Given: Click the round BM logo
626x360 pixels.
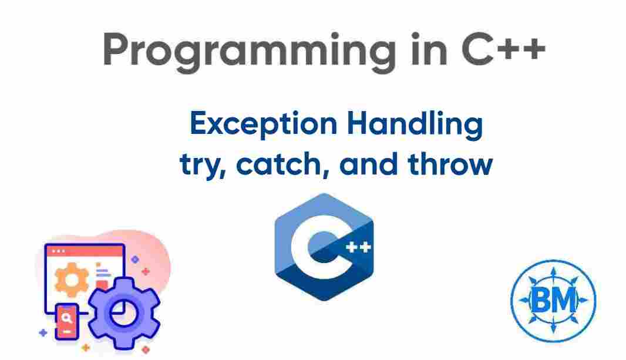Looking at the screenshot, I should click(552, 301).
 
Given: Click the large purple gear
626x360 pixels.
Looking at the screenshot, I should click(124, 314).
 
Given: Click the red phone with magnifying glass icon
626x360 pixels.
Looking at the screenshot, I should click(66, 321).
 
